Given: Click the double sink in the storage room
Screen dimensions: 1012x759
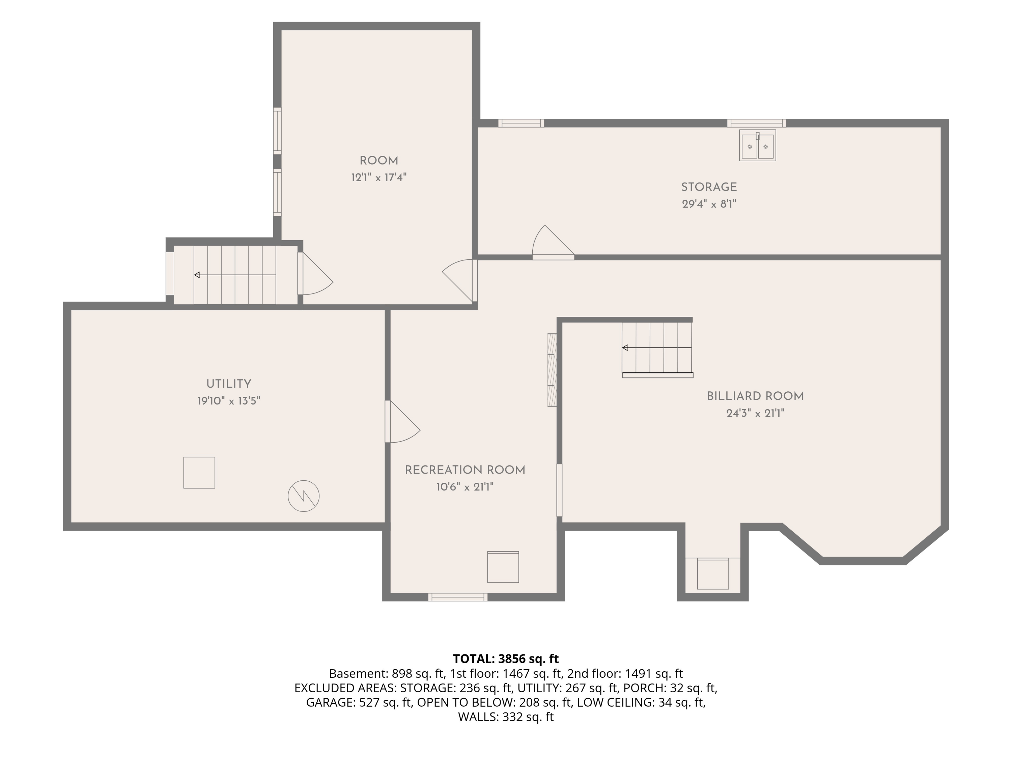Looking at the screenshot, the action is click(x=757, y=145).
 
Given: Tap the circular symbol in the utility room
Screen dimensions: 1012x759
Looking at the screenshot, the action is click(x=303, y=496).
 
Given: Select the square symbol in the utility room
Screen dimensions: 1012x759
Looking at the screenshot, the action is click(x=199, y=473).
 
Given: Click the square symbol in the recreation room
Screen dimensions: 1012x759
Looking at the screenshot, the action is click(x=503, y=567).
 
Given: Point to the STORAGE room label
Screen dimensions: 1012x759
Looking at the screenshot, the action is click(x=709, y=187).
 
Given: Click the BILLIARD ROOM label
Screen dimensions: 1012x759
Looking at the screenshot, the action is click(x=755, y=396).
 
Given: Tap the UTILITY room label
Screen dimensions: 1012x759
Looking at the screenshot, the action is click(x=229, y=384).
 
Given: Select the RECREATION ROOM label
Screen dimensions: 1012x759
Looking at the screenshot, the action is click(x=465, y=470).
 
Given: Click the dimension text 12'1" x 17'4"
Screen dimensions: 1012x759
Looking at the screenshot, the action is click(x=379, y=177).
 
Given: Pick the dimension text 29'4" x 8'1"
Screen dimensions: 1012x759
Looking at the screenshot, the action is click(x=709, y=204).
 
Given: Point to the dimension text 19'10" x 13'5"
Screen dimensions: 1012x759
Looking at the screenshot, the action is click(x=229, y=401).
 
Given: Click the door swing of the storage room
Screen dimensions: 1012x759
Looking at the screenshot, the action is click(x=553, y=242).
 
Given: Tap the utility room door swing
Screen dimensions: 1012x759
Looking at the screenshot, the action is click(x=402, y=422).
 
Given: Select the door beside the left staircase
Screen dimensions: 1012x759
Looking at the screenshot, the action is click(x=315, y=274).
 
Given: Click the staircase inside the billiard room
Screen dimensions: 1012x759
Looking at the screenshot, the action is click(x=657, y=349).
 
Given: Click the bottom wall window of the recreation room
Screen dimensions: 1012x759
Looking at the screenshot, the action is click(x=457, y=597).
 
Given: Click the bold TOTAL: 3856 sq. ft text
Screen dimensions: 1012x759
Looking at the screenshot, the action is click(x=506, y=658).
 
